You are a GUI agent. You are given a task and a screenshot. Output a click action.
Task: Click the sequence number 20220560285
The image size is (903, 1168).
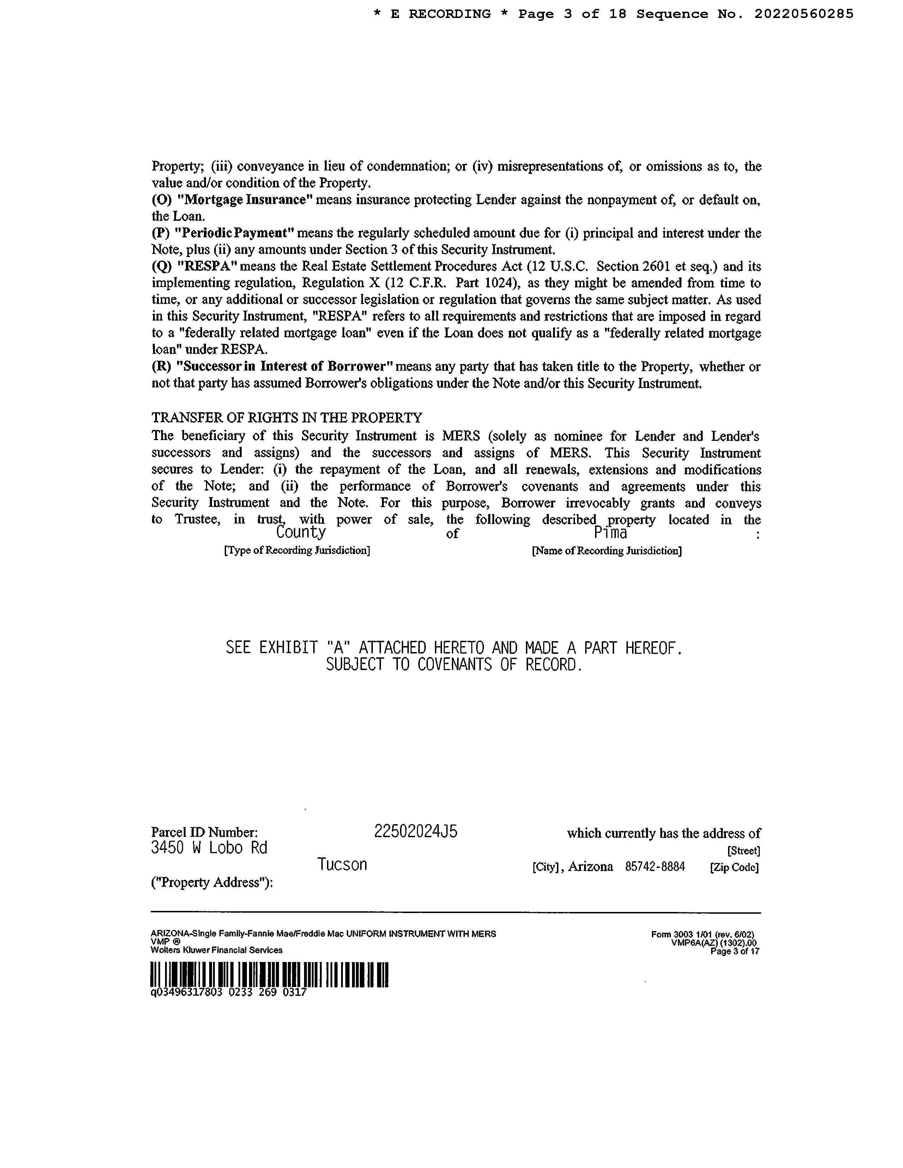click(804, 14)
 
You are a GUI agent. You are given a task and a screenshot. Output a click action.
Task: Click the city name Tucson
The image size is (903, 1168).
click(343, 865)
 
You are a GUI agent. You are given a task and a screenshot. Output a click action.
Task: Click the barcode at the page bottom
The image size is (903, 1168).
click(269, 974)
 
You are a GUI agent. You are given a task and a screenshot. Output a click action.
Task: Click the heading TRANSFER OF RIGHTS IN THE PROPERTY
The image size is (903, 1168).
click(287, 417)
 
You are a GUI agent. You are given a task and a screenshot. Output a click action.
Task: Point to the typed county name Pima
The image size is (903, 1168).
click(610, 533)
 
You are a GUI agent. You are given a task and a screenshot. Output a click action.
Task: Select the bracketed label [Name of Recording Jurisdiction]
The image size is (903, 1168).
click(607, 551)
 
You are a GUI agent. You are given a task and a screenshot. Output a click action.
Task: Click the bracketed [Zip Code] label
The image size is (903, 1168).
click(734, 868)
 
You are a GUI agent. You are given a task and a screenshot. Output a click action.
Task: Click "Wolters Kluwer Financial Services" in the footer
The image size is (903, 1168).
click(217, 950)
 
